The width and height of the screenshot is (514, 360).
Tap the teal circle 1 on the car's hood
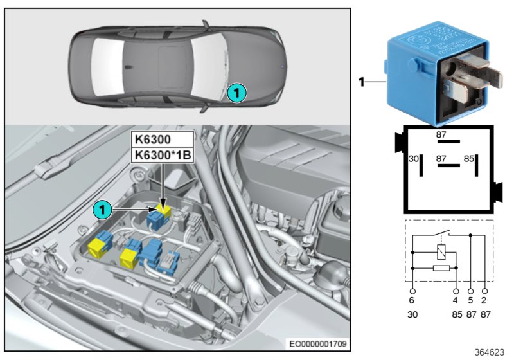click(236, 93)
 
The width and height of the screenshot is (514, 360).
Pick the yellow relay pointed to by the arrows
click(164, 210)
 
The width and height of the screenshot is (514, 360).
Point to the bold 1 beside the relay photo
click(361, 82)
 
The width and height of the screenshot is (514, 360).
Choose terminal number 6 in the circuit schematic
click(412, 300)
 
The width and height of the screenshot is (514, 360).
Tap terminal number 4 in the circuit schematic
click(456, 300)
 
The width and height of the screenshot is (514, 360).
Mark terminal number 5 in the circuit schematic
click(471, 300)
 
